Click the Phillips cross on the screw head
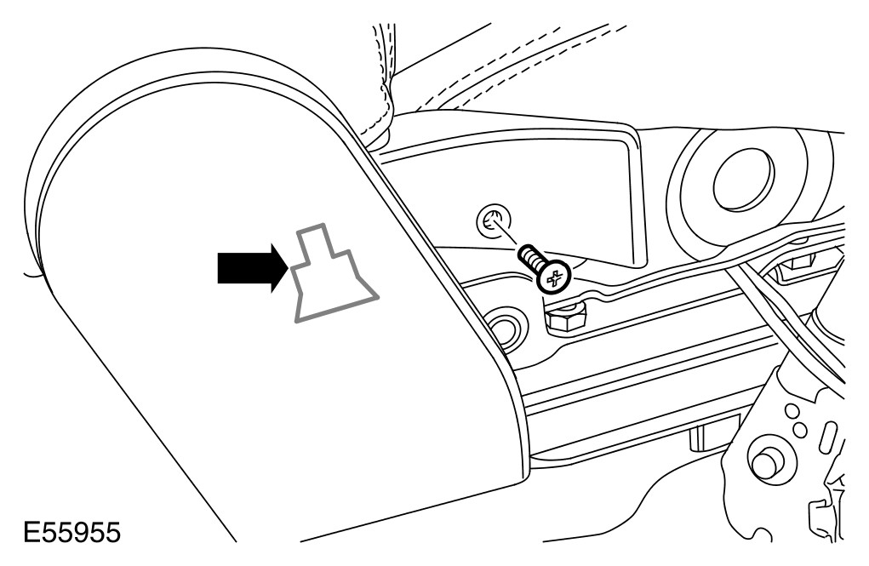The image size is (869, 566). tap(555, 277)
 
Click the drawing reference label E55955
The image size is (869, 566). tap(71, 534)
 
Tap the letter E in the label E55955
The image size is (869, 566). tap(32, 534)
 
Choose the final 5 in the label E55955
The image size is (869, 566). tap(111, 534)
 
